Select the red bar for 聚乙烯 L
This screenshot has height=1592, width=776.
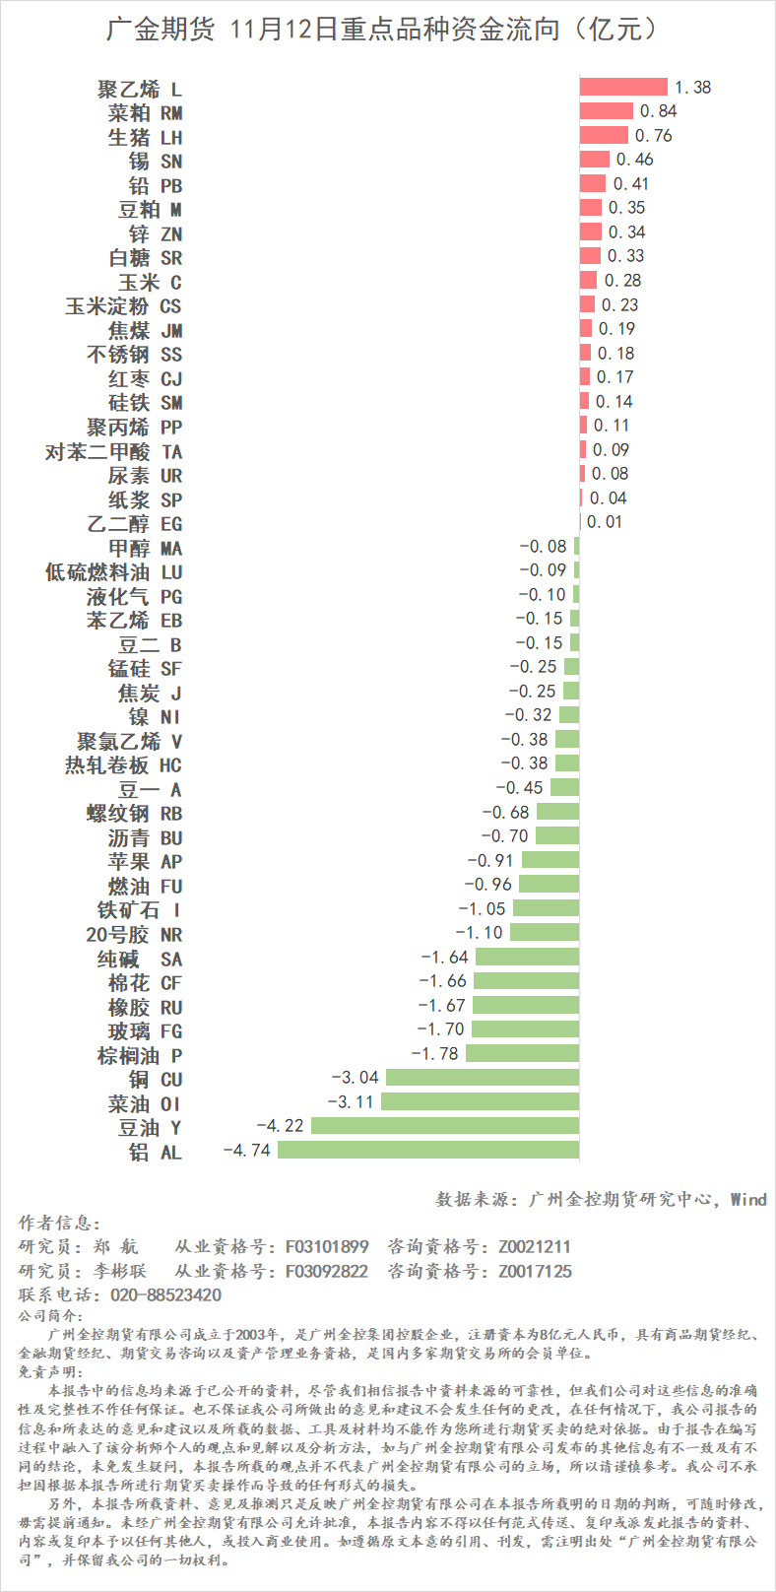[623, 87]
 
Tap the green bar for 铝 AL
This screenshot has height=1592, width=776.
[428, 1150]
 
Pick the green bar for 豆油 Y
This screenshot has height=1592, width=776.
[445, 1126]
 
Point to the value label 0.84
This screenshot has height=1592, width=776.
[658, 111]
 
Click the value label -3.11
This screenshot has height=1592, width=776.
[351, 1101]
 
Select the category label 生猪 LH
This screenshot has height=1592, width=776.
[145, 137]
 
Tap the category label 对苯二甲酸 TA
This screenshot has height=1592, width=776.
[113, 451]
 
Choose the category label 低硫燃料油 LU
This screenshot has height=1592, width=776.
[113, 572]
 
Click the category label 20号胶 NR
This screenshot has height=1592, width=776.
[134, 934]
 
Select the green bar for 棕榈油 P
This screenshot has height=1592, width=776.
[522, 1053]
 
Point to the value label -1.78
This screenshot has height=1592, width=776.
[434, 1053]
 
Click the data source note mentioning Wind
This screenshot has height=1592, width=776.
[601, 1199]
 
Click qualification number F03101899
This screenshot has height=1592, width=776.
[327, 1246]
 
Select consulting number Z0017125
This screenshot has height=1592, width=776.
[535, 1271]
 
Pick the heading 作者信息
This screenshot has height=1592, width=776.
[59, 1223]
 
